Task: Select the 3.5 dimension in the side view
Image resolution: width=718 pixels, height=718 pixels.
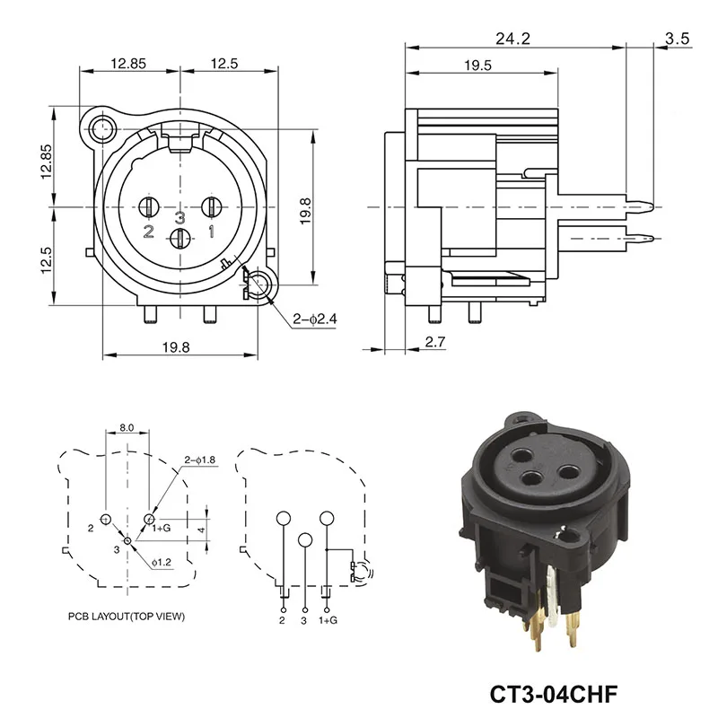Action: pos(678,39)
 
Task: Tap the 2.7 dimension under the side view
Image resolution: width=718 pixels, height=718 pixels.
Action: pos(434,342)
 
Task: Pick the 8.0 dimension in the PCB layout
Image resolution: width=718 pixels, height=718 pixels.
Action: pos(126,428)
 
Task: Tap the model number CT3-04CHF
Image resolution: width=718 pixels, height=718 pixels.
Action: pos(555,694)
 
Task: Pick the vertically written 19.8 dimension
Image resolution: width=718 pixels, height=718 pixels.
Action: pos(306,208)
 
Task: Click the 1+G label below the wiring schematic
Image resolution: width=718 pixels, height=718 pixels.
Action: pos(329,620)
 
